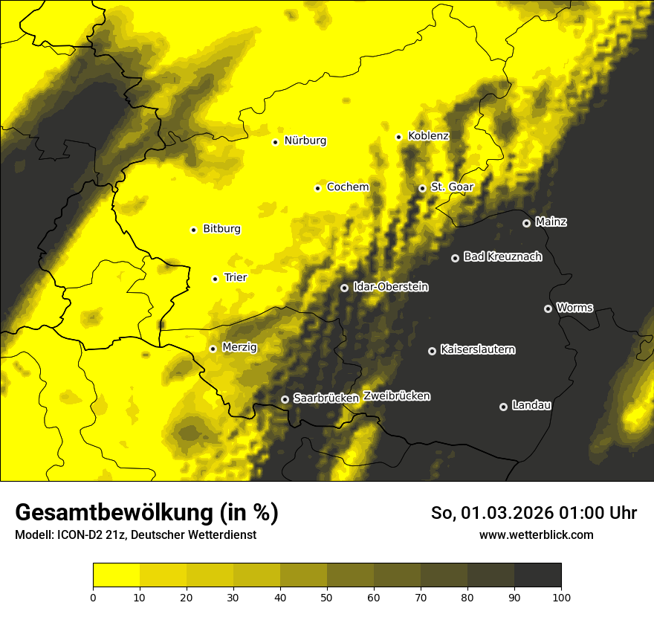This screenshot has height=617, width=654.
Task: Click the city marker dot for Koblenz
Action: coord(398,137)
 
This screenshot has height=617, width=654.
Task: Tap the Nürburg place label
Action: coord(305,140)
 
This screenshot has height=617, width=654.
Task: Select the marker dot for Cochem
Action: coord(317,188)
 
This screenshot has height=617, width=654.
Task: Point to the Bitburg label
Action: coord(221,229)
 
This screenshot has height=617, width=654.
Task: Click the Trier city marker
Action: coord(215,279)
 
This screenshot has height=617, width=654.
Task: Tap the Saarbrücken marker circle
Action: coord(285,399)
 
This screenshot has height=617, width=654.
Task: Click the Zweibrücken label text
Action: coord(397,396)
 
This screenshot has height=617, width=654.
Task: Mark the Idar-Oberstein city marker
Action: coord(344,288)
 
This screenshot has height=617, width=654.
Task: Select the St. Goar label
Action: coord(452,187)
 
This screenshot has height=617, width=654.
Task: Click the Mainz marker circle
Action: coord(526,223)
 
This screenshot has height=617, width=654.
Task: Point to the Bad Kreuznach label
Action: coord(502,256)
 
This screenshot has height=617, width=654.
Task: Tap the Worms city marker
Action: coord(548,308)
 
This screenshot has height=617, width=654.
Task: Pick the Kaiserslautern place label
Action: coord(477,349)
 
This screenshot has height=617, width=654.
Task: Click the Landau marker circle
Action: coord(503,407)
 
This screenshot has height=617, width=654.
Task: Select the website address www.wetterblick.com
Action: coord(536,534)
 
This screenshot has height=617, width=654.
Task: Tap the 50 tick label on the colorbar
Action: coord(327,596)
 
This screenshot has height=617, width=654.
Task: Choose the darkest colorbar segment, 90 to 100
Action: coord(537,575)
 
